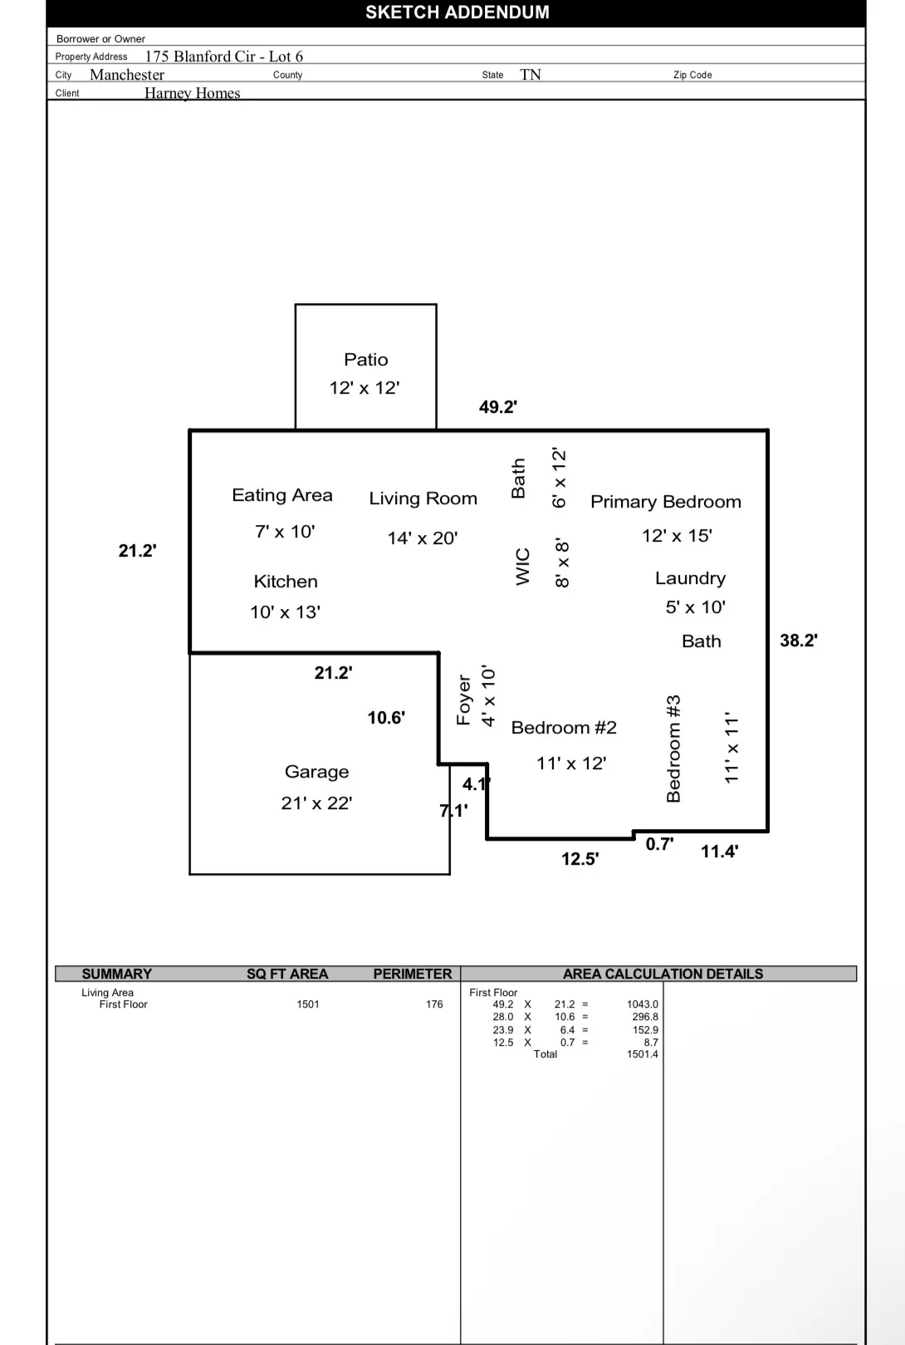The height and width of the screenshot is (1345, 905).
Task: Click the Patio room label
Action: [366, 360]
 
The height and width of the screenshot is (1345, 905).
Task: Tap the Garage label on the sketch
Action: [316, 772]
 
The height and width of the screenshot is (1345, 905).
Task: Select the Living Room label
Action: [423, 498]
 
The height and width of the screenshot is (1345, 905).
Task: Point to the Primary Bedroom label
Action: [665, 502]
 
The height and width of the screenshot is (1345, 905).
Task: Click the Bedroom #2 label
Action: [564, 728]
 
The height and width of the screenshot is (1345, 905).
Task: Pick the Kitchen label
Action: [286, 582]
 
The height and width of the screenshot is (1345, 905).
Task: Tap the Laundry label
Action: [690, 578]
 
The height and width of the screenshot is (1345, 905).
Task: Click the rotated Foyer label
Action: [464, 699]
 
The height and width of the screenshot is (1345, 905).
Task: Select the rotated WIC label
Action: [522, 567]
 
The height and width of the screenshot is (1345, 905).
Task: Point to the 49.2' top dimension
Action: [498, 407]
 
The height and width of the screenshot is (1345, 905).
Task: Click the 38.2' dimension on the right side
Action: [798, 641]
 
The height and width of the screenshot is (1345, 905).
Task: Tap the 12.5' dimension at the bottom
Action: [580, 859]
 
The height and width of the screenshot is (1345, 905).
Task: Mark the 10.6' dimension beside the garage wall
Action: [386, 718]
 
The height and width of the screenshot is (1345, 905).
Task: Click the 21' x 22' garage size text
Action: [316, 803]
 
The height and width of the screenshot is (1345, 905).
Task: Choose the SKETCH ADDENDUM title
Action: [457, 12]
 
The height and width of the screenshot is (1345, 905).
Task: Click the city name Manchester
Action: [127, 75]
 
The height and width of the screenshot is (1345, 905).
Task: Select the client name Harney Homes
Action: [193, 93]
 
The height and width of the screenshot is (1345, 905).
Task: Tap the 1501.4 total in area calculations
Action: [642, 1054]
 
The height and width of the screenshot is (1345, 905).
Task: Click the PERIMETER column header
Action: [412, 974]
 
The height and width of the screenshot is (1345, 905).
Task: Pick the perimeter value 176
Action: [434, 1004]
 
